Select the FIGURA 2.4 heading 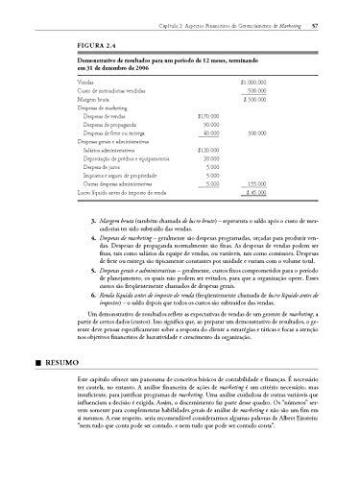(x=103, y=44)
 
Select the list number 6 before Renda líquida (x=93, y=301)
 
